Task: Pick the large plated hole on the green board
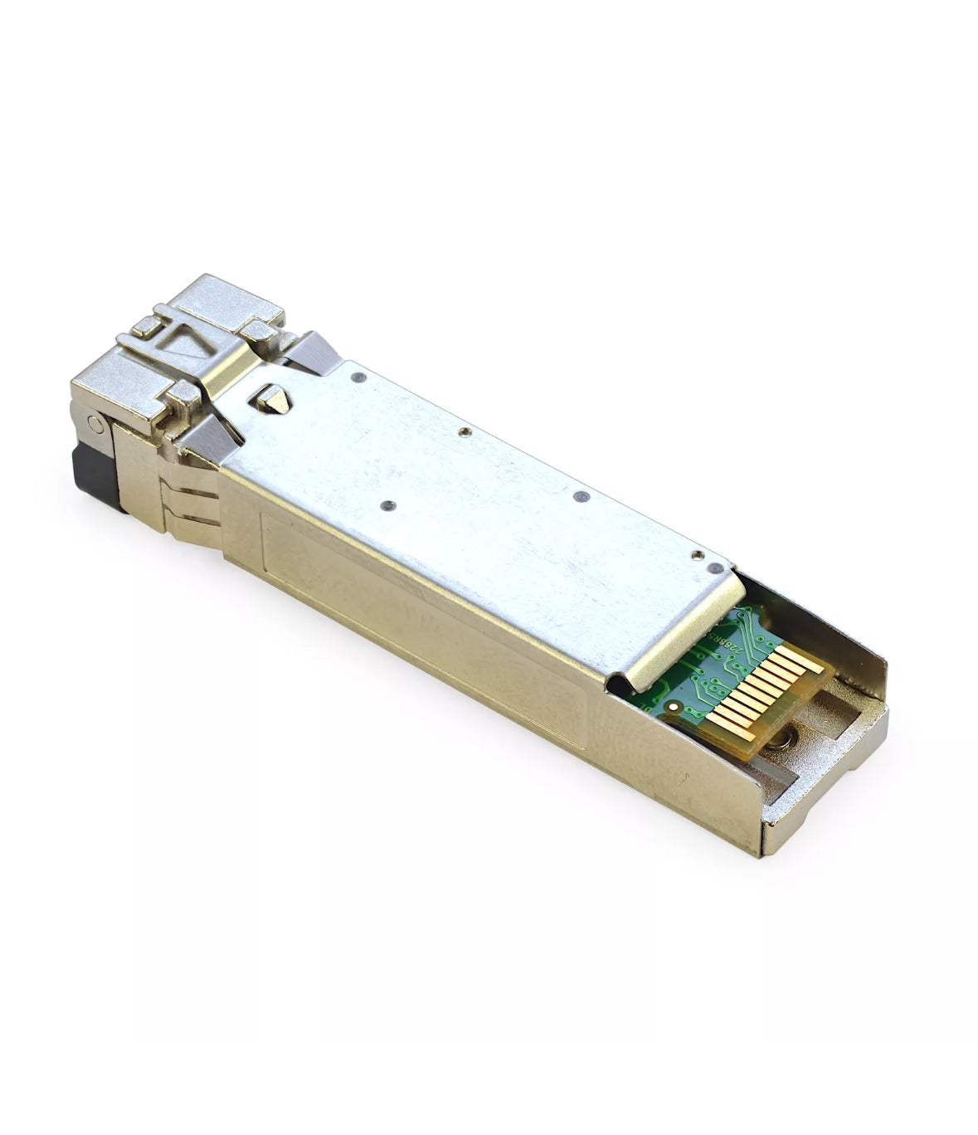pos(673,708)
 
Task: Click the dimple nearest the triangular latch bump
pos(358,378)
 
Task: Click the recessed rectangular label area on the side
pos(415,597)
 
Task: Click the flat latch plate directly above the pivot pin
pos(108,390)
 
